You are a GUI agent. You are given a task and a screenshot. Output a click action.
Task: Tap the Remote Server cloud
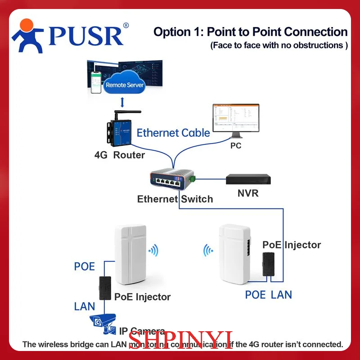124,84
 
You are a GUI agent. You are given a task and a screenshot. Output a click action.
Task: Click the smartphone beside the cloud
96,81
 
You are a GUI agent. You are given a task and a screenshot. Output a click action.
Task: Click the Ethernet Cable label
173,133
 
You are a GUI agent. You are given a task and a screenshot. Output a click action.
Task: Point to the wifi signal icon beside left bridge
154,250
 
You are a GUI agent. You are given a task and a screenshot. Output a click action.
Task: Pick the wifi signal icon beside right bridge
208,250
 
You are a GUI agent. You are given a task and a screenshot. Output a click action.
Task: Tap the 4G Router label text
120,155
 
